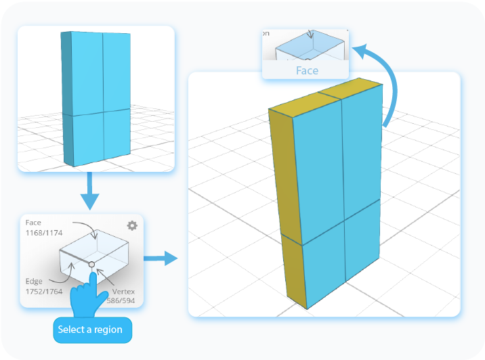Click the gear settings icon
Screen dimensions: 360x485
[132, 225]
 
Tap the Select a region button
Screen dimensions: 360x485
[92, 330]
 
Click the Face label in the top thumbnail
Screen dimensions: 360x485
[306, 70]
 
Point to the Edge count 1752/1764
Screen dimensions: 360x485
[40, 290]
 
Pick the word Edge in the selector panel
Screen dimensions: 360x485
[33, 282]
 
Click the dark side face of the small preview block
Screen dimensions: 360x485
[66, 98]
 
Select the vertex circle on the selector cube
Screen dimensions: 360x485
[91, 264]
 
